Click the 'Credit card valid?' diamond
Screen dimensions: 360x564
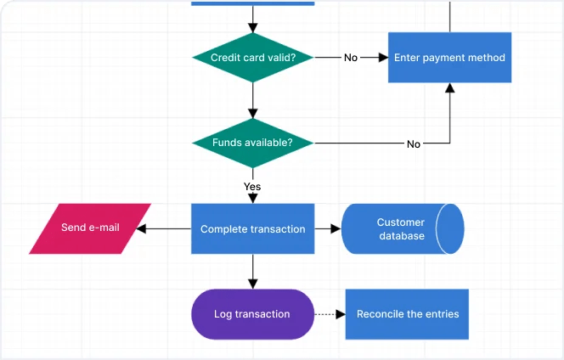pyautogui.click(x=252, y=58)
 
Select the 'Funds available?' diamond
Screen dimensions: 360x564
pyautogui.click(x=252, y=143)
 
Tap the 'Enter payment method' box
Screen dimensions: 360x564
pyautogui.click(x=449, y=58)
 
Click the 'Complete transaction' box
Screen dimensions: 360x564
pyautogui.click(x=252, y=228)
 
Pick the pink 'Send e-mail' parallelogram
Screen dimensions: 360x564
pyautogui.click(x=90, y=228)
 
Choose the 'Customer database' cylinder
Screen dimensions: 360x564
pyautogui.click(x=402, y=228)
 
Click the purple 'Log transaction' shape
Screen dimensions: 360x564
pyautogui.click(x=252, y=314)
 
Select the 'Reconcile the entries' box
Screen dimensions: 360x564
pyautogui.click(x=407, y=314)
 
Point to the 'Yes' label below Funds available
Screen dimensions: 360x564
pyautogui.click(x=252, y=186)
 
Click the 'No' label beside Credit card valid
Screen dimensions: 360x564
pyautogui.click(x=351, y=58)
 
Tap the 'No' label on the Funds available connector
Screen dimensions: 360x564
pyautogui.click(x=414, y=143)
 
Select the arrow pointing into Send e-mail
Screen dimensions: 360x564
pyautogui.click(x=161, y=228)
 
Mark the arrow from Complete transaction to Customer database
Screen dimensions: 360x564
pyautogui.click(x=328, y=228)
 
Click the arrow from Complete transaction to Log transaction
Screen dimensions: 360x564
pyautogui.click(x=252, y=272)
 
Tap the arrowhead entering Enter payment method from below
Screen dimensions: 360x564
pyautogui.click(x=449, y=88)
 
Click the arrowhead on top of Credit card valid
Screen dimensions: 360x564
pyautogui.click(x=252, y=27)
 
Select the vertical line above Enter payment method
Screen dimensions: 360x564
pyautogui.click(x=449, y=15)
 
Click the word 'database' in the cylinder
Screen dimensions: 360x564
pyautogui.click(x=402, y=236)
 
